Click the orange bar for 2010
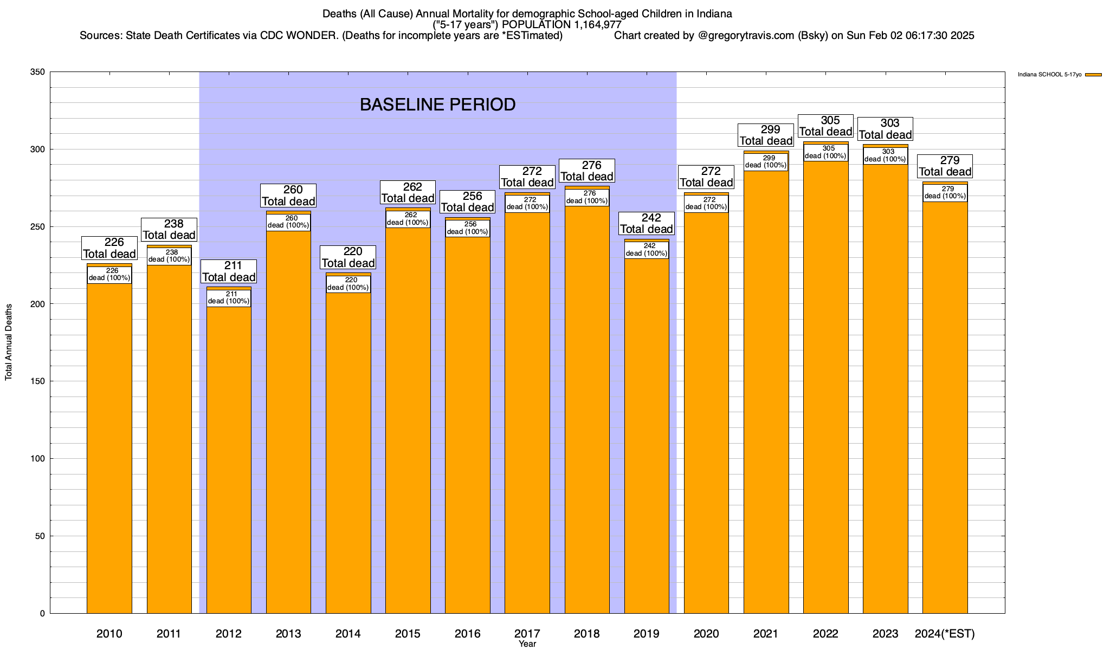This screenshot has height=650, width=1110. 109,444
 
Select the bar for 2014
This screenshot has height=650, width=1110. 348,450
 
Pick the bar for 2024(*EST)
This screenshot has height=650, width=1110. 945,406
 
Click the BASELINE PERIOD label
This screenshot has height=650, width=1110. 437,105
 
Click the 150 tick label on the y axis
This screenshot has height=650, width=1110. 38,381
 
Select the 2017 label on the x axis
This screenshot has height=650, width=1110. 527,634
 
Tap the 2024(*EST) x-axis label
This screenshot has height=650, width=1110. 945,634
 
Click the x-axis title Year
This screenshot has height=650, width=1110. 527,644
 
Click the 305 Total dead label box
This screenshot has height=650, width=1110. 825,126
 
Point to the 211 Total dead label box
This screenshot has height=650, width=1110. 229,271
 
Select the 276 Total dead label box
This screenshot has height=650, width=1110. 587,171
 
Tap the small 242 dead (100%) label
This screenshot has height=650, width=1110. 647,250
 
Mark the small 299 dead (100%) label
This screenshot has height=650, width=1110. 766,162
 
